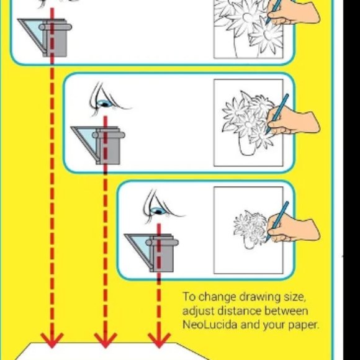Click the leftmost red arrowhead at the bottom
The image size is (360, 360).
click(52, 340)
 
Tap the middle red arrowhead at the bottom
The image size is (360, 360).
click(106, 340)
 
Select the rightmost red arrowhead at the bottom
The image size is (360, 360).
click(159, 340)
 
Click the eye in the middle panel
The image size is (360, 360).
click(105, 104)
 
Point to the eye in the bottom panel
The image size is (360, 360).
click(158, 210)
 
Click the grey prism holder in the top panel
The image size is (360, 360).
click(55, 38)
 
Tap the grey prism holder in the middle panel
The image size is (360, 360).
click(109, 146)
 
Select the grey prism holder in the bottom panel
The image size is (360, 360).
click(162, 253)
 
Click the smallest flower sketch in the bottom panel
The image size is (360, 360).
click(251, 227)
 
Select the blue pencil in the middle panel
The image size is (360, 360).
click(277, 114)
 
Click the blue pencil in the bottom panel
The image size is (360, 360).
click(277, 221)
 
